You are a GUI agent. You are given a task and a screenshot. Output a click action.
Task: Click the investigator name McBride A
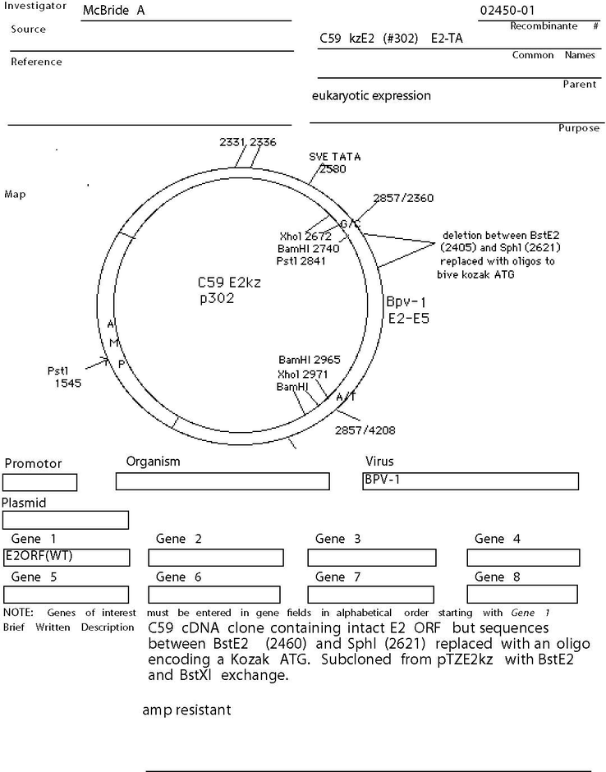click(113, 11)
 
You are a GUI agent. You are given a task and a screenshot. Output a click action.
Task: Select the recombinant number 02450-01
click(507, 11)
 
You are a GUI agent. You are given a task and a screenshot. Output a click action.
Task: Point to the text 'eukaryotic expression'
click(371, 95)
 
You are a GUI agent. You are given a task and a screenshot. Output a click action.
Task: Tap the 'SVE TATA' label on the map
click(335, 157)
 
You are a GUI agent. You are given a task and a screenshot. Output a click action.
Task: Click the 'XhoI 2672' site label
click(305, 237)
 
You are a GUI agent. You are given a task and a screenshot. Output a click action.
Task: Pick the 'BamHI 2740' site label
click(308, 249)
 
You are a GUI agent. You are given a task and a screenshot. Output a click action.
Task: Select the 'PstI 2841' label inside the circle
click(301, 261)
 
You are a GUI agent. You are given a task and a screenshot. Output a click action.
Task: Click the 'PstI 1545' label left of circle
click(65, 377)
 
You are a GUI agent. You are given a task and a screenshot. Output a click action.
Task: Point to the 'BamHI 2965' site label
click(309, 360)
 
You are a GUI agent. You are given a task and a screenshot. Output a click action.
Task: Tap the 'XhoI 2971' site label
click(302, 375)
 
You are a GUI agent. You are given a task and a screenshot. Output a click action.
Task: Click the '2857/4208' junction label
click(365, 430)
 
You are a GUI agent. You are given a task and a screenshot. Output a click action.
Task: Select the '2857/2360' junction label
click(403, 198)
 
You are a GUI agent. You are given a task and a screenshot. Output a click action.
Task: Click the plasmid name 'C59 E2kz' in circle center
click(229, 283)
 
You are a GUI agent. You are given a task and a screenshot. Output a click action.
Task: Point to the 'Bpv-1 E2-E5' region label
click(407, 310)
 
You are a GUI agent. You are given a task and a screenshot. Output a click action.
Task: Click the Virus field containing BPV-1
click(471, 481)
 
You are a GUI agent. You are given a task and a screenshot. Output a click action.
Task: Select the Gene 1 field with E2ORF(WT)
click(67, 558)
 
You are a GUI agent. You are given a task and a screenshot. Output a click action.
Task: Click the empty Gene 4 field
click(523, 558)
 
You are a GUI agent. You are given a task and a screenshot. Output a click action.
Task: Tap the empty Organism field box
click(223, 481)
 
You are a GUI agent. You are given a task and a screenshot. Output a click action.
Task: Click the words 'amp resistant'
click(186, 710)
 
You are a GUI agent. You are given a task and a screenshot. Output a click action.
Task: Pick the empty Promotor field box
click(40, 483)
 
